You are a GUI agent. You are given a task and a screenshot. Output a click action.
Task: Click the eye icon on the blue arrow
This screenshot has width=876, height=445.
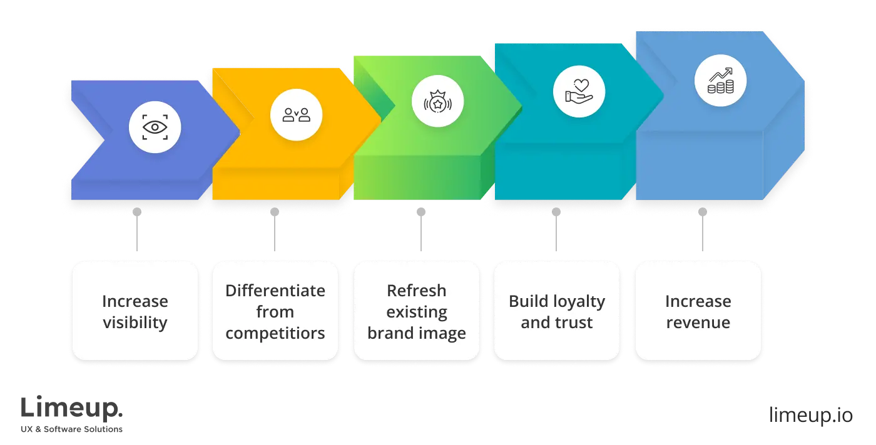(x=155, y=127)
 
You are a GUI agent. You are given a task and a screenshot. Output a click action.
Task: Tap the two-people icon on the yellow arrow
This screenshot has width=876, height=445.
(x=296, y=115)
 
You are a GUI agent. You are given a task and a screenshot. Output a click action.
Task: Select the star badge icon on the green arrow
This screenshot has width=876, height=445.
(x=437, y=101)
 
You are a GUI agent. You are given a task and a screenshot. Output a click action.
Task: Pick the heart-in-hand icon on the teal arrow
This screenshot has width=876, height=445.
(x=579, y=90)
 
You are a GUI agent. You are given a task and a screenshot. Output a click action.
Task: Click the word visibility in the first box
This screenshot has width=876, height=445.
(x=135, y=323)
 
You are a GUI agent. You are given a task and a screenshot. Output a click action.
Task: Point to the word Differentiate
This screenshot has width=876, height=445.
(x=275, y=291)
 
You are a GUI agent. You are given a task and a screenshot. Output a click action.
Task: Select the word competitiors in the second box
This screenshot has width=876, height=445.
(x=275, y=333)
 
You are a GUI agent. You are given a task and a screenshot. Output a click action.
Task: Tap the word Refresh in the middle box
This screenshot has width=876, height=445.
(x=417, y=291)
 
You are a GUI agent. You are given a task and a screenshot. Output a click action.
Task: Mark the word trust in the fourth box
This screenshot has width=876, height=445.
(x=574, y=323)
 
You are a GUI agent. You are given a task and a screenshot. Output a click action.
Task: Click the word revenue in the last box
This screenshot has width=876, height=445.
(x=698, y=323)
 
